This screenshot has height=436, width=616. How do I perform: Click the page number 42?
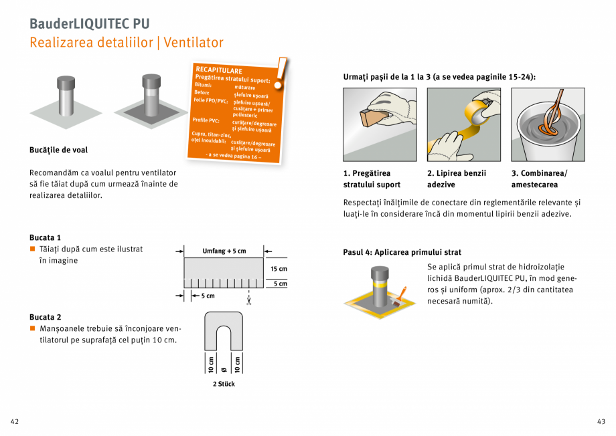coord(14,421)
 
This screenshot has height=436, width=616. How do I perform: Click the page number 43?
coord(601,421)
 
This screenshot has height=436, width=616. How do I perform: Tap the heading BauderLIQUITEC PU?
coord(89,23)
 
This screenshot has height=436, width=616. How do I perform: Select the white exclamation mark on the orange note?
coord(282,72)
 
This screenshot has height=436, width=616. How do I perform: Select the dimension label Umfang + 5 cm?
coord(224,251)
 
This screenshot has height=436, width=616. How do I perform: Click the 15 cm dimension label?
coord(279,269)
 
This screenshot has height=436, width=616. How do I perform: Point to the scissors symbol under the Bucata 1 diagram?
coord(248,301)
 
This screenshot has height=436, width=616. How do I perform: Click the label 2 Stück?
coord(224,384)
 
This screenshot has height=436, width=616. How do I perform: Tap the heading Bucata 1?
coord(45,237)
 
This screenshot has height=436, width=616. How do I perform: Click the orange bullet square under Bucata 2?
coord(31,328)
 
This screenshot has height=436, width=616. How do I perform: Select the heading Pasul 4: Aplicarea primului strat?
coord(402,252)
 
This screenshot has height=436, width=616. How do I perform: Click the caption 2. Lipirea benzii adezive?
coord(457,179)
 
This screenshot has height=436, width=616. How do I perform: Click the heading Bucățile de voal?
coord(58,150)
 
